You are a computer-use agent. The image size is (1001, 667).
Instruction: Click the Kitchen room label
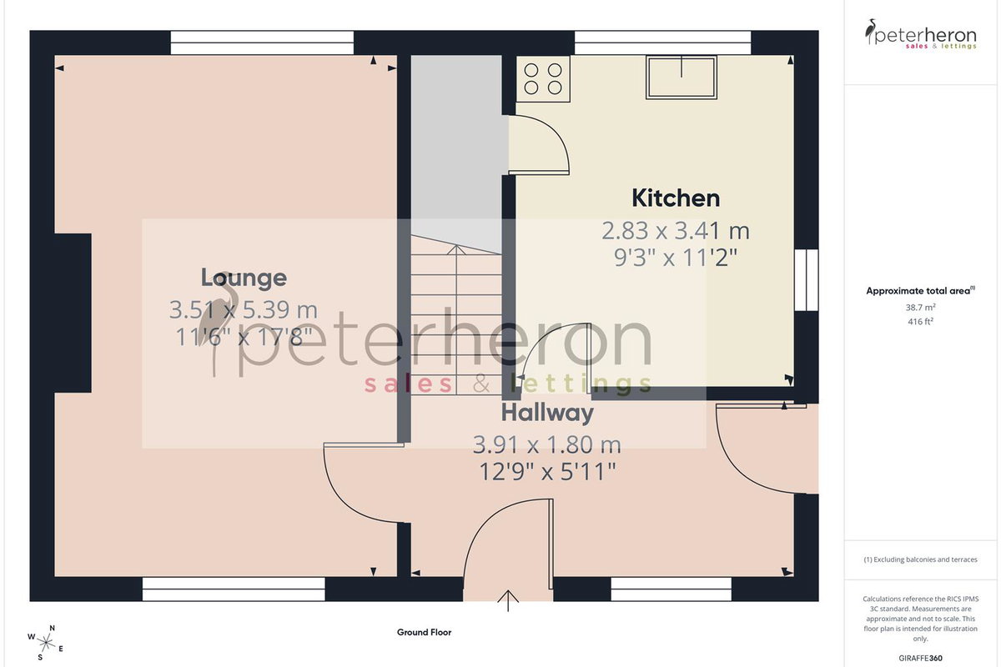tap(676, 198)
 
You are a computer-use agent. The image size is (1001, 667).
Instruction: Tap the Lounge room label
tap(244, 278)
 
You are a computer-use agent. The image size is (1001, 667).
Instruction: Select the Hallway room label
tap(547, 414)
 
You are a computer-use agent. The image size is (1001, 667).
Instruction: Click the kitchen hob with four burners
tap(543, 79)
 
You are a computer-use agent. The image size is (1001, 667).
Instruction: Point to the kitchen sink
tap(682, 78)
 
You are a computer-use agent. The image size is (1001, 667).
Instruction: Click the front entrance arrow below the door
tap(508, 600)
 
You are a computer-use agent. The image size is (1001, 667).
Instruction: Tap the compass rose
tap(46, 644)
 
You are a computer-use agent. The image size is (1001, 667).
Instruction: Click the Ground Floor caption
tap(424, 632)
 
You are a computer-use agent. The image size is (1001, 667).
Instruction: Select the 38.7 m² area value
tap(921, 308)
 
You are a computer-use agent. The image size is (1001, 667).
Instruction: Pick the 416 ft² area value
tap(921, 321)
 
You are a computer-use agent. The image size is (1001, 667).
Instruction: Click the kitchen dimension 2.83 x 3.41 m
tap(676, 231)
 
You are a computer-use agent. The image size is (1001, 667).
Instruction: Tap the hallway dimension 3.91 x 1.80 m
tap(547, 445)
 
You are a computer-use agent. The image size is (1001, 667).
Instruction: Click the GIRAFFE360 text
tap(921, 658)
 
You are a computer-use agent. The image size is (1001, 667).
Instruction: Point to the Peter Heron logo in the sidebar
tap(921, 34)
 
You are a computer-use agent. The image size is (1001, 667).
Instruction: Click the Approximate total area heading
tap(921, 291)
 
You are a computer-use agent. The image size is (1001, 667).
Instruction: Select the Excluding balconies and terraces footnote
tap(921, 559)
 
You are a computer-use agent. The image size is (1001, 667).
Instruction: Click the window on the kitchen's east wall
tap(807, 279)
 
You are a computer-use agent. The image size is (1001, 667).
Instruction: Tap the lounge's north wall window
tap(262, 43)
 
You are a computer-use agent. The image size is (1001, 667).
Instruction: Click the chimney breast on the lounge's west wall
tap(73, 313)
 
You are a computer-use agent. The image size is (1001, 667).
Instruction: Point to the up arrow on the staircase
tap(455, 319)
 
